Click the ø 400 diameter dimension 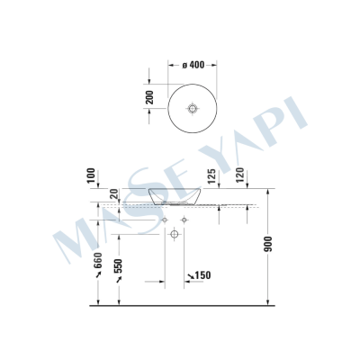[195, 65]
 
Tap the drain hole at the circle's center [192, 108]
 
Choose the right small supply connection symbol [183, 219]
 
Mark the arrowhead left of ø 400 [172, 65]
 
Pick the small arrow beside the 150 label [188, 275]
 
